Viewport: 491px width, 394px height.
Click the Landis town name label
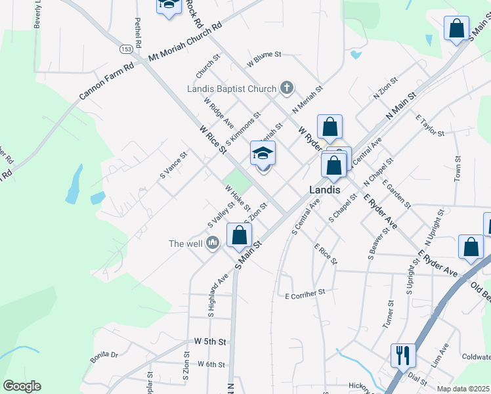325,189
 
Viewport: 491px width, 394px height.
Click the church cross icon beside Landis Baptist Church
286,87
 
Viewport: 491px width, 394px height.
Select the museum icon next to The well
212,244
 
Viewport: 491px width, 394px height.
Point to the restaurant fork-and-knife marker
402,355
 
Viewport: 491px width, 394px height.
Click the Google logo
22,386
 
